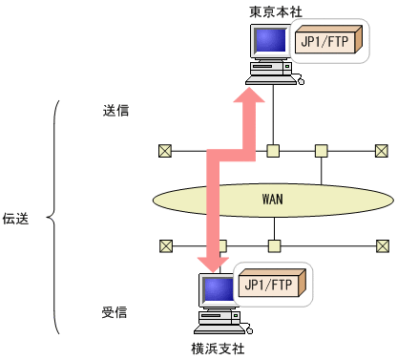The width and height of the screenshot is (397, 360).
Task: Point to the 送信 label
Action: (115, 109)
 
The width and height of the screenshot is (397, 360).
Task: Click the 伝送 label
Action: (17, 219)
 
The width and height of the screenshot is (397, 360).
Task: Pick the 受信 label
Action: (115, 311)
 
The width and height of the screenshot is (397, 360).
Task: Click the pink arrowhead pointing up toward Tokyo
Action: (252, 95)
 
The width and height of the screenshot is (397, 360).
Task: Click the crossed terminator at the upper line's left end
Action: (166, 150)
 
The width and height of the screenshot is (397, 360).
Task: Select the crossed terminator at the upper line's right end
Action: (382, 150)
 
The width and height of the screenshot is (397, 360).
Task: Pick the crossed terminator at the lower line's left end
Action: (166, 245)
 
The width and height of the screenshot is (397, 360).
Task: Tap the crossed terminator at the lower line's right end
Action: (382, 245)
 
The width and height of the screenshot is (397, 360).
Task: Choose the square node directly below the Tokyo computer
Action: (273, 150)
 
